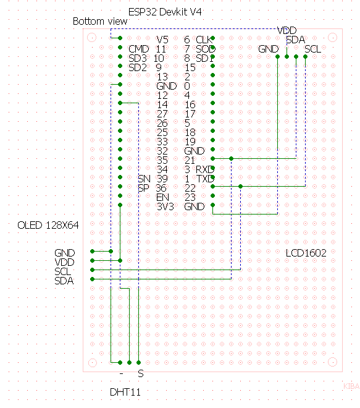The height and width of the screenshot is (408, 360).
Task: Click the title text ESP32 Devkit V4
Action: pos(165,12)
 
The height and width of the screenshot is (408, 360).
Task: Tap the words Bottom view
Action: pos(100,22)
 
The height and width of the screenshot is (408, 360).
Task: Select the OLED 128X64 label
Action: pos(48,226)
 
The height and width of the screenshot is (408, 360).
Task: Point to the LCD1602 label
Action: pos(306,253)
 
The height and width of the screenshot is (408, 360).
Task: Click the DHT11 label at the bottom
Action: pos(125,392)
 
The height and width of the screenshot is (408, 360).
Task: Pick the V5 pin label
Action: pos(162,40)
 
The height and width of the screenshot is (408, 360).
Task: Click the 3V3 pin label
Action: pos(165,206)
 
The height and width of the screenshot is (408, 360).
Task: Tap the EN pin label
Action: pos(163,197)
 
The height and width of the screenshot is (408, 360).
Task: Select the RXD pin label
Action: pos(205,169)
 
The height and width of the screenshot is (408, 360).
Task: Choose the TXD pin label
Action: pos(205,179)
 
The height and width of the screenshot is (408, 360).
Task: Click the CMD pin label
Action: pos(139,49)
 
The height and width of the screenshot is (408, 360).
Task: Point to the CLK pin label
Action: pos(204,40)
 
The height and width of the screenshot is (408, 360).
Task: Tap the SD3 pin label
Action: pos(138,58)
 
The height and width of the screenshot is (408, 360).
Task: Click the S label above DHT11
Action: pos(141,374)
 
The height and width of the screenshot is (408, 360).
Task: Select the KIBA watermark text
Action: pos(351,386)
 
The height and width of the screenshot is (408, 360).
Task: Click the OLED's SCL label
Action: pos(62,271)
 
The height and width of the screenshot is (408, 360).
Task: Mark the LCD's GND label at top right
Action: pos(269,49)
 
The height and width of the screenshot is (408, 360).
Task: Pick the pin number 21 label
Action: pos(190,160)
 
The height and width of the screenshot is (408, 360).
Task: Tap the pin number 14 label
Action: pos(162,104)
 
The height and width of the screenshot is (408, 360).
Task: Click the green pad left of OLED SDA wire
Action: pos(92,279)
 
